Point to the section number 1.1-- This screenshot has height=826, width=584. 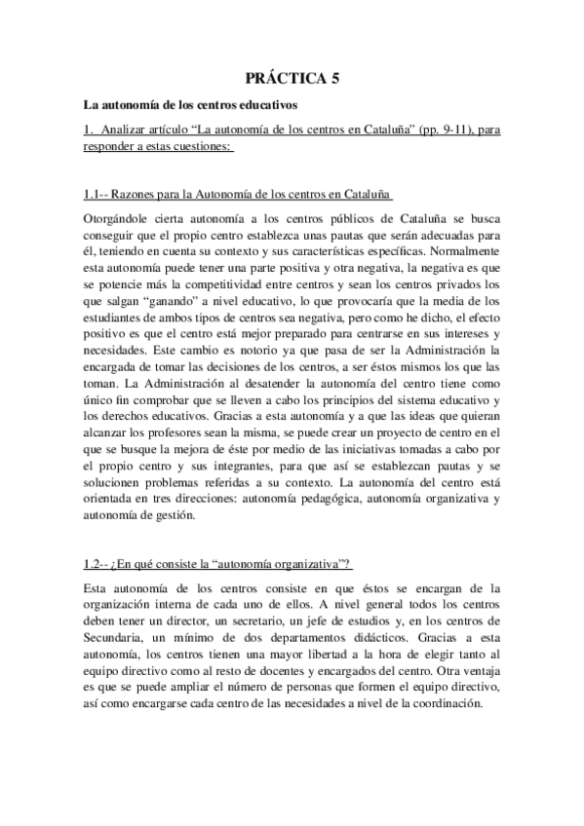coord(97,196)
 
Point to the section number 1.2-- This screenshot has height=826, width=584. coord(97,566)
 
